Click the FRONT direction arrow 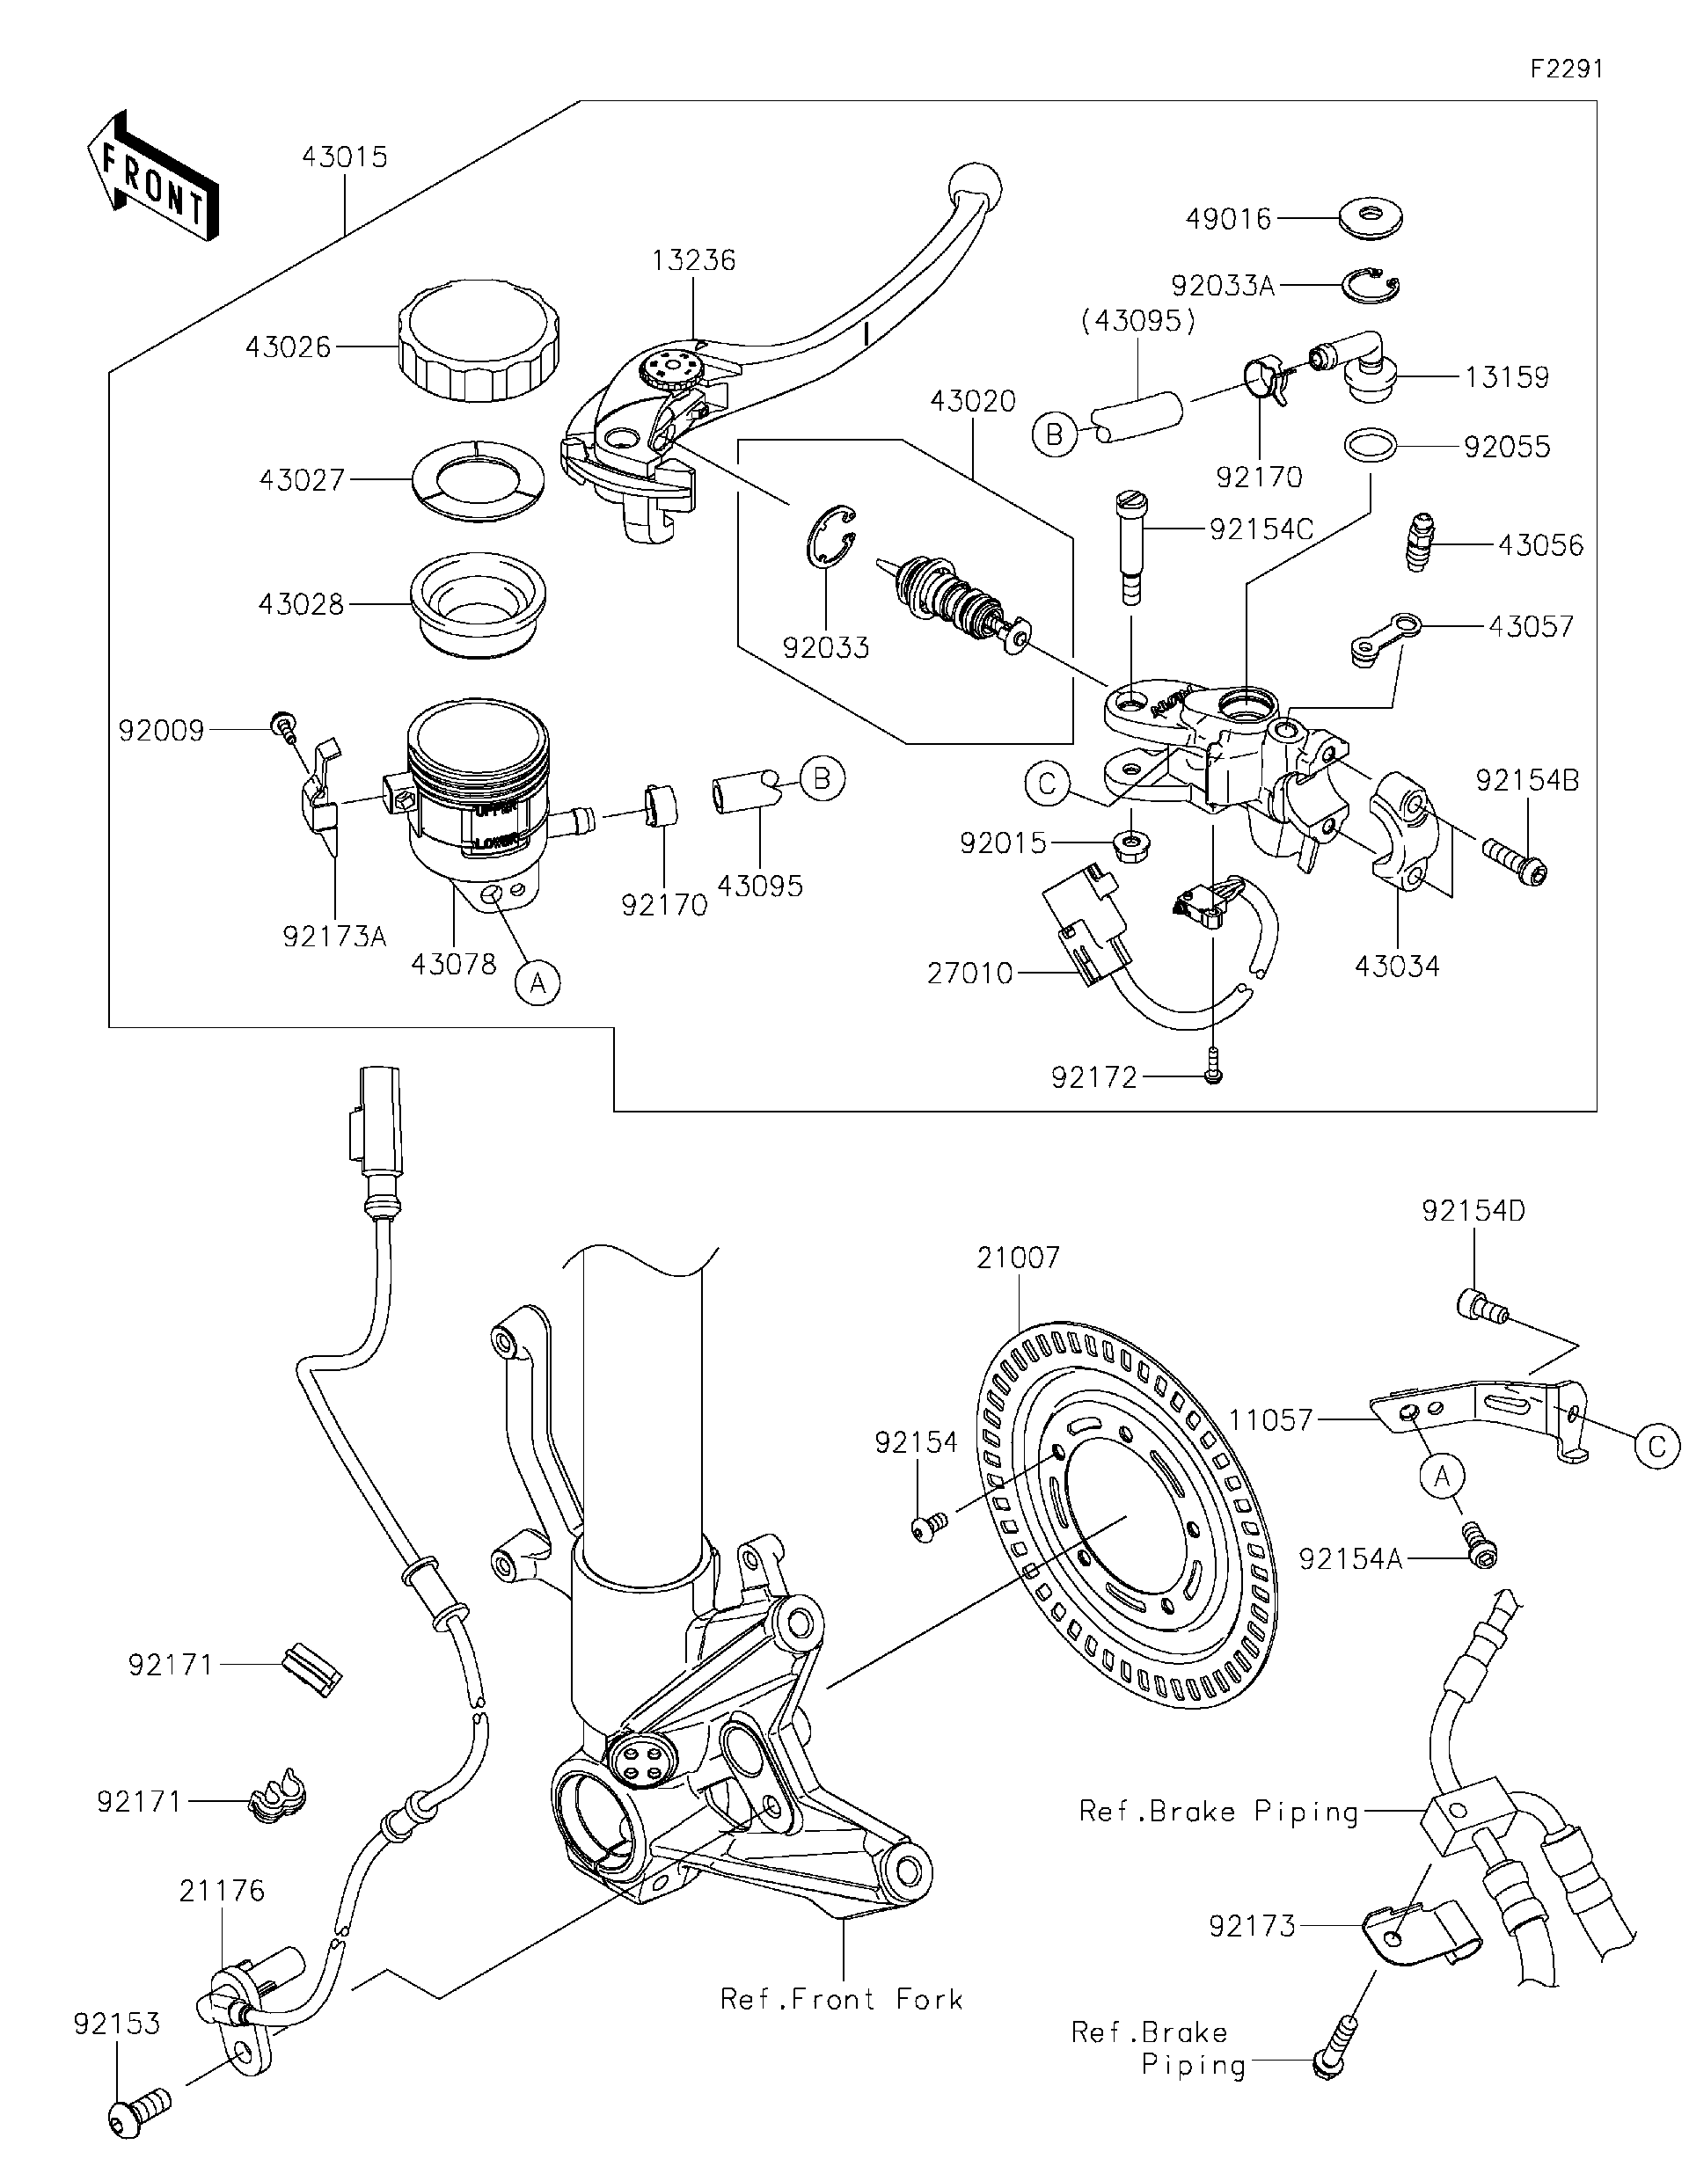(x=152, y=176)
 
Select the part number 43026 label (x=288, y=347)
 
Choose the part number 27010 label (x=969, y=973)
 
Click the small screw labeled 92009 (x=282, y=724)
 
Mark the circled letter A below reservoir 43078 (x=537, y=983)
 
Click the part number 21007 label (x=1018, y=1258)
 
